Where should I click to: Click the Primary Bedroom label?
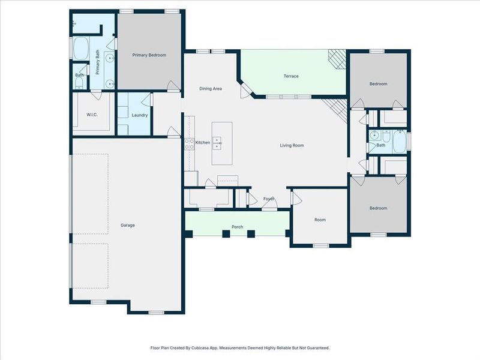[149, 55]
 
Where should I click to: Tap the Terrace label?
[291, 76]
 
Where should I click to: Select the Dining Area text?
[211, 89]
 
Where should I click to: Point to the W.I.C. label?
[92, 115]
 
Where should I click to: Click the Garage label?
[127, 226]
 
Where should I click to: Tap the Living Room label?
[292, 145]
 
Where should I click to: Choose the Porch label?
[237, 227]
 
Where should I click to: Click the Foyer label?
[269, 199]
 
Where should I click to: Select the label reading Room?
[320, 220]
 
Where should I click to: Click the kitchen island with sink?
[221, 144]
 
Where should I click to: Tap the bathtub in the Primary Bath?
[80, 49]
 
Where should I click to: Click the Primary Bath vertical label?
[97, 62]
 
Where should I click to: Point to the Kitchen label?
[203, 143]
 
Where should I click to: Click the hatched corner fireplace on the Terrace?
[337, 59]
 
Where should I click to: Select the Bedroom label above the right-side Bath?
[378, 84]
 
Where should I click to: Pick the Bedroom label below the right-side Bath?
[378, 208]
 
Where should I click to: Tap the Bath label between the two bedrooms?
[381, 145]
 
